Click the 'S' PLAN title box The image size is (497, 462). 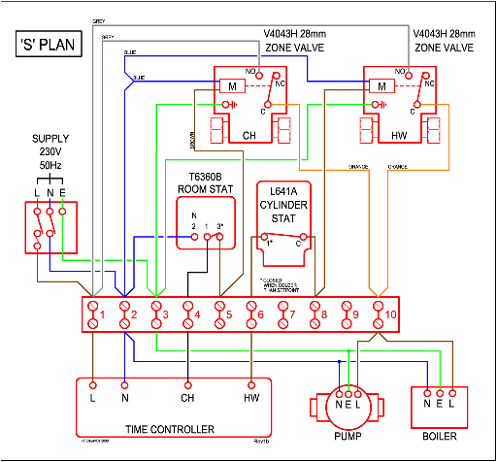(x=50, y=46)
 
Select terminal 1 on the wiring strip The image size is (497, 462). (x=93, y=313)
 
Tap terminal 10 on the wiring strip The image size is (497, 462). (x=380, y=313)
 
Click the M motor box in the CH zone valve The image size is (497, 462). (x=233, y=84)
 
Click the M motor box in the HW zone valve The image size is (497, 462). (x=382, y=84)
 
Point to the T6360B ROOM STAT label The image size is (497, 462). (x=206, y=183)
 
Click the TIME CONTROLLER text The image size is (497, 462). (x=170, y=428)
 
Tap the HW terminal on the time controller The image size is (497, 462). (x=252, y=397)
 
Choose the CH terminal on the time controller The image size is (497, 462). (x=188, y=397)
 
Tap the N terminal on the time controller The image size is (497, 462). (x=125, y=397)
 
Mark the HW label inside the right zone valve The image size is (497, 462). (x=399, y=135)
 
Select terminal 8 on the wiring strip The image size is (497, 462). (x=316, y=313)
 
